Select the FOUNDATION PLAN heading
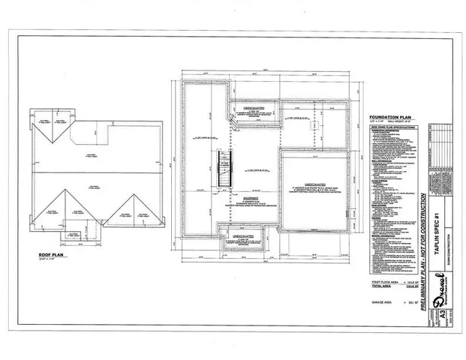[x=390, y=117]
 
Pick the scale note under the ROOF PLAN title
[x=50, y=259]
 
